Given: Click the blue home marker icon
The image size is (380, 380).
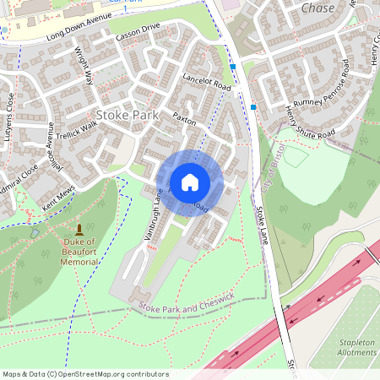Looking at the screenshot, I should (190, 182).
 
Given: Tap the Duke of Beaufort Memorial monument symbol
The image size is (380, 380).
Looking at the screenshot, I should (79, 229).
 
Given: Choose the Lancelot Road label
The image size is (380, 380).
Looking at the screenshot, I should (206, 81).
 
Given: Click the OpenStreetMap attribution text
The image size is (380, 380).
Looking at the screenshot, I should (84, 374).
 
